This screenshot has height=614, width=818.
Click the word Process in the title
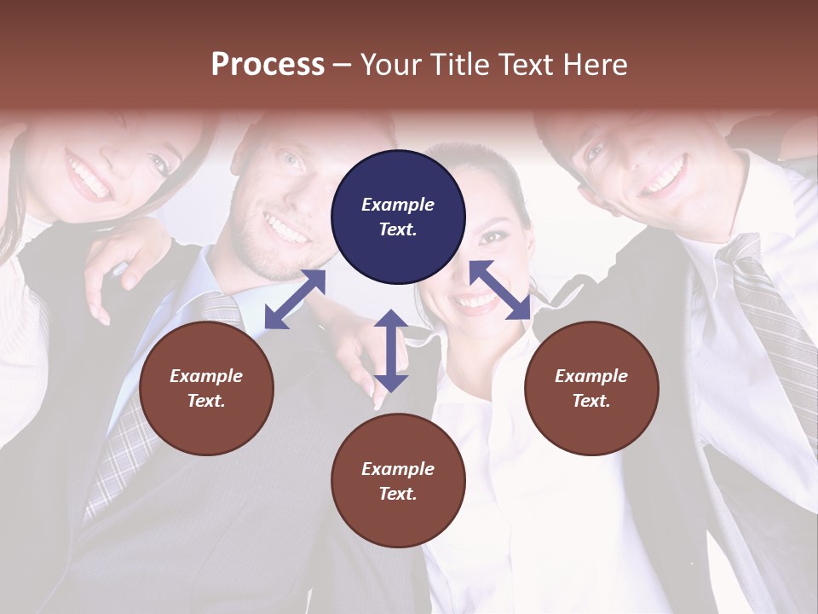268,65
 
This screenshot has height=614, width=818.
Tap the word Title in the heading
456,65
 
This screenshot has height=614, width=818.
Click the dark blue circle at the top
398,217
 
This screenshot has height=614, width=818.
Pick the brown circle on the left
206,388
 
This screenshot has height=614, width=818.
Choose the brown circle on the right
591,388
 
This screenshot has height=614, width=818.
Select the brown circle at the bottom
398,481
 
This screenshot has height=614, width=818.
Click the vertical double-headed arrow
391,350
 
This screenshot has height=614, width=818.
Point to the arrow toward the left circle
295,298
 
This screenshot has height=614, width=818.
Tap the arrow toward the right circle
499,290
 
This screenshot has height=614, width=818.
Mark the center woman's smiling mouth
475,300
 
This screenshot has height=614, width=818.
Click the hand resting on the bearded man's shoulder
128,256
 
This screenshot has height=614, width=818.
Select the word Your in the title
392,65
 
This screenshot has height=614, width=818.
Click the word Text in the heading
525,65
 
